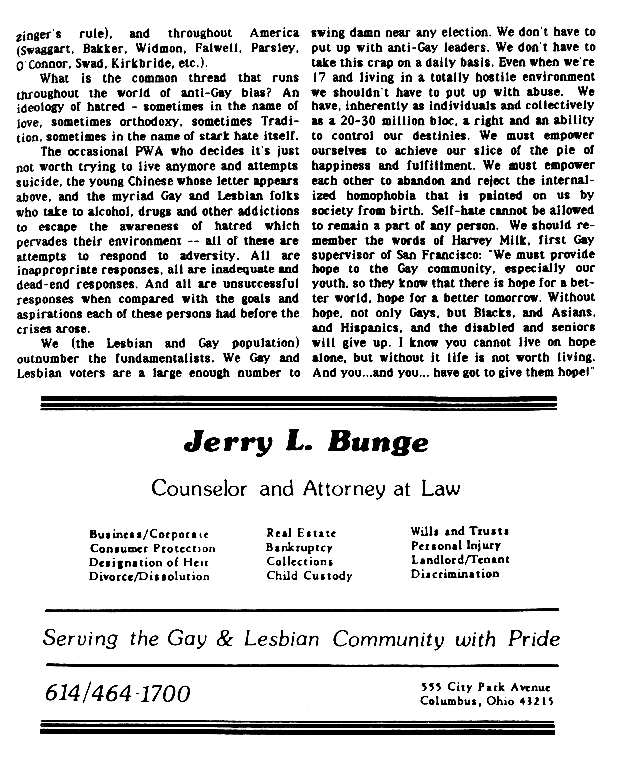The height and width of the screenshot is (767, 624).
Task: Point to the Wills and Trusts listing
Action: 460,531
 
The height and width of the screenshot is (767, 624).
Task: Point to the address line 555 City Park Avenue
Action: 486,687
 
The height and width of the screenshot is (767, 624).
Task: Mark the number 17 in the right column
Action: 319,77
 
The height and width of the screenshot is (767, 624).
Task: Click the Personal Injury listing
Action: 456,545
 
